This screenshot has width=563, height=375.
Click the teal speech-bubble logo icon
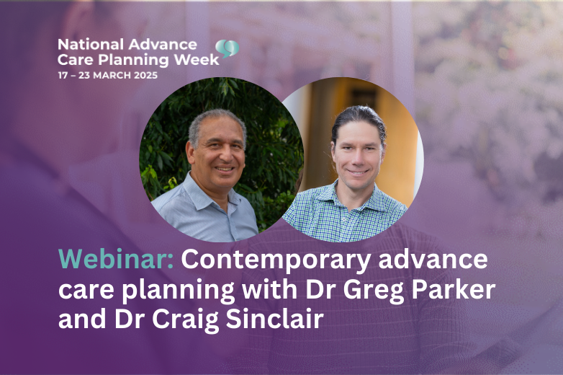228,49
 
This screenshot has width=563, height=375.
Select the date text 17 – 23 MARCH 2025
108,75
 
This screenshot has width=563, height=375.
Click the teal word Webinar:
116,259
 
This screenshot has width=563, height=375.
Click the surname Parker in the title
454,288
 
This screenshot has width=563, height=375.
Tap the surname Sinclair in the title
275,319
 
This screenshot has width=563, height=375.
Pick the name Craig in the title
185,320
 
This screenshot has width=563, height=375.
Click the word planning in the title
178,291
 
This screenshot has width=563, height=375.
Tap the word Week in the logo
197,60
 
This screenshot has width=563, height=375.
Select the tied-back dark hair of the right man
359,118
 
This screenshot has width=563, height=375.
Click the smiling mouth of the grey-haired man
225,169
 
